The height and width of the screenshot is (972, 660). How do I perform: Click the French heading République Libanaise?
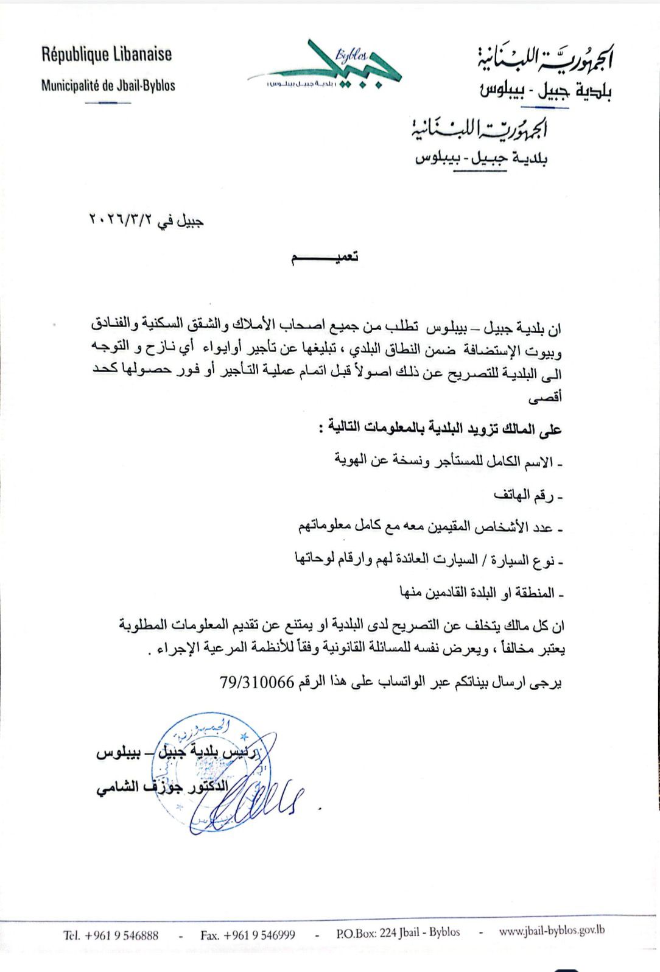107,55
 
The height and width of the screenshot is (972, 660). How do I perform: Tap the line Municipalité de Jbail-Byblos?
108,85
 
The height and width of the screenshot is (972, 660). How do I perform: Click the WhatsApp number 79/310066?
257,682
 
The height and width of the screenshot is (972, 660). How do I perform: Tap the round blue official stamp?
210,773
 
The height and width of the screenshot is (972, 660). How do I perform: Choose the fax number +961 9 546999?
248,935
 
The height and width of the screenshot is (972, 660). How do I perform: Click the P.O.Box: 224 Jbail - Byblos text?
398,933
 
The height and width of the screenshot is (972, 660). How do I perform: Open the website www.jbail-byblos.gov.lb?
551,931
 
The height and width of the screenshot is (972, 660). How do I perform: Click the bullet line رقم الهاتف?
528,496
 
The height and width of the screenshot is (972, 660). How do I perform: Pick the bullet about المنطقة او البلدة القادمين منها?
481,591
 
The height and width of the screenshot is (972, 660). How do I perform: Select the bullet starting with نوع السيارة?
429,559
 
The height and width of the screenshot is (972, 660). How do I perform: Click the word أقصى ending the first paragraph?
545,398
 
